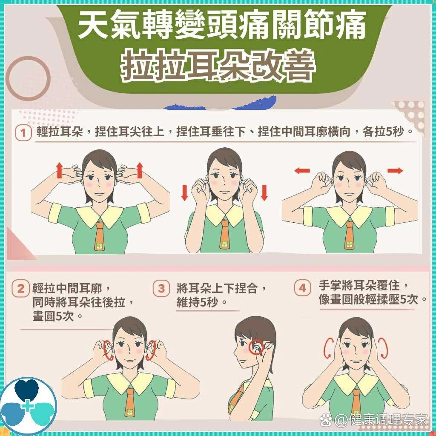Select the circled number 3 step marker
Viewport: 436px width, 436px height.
coord(161,289)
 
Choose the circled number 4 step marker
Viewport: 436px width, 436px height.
coord(302,288)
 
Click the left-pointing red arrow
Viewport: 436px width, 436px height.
coord(302,171)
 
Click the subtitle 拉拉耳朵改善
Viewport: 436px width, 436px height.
coord(218,67)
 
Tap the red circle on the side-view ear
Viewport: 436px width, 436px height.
coord(257,347)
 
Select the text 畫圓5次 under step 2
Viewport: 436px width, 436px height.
coord(57,317)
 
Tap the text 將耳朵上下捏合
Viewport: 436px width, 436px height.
coord(222,288)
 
